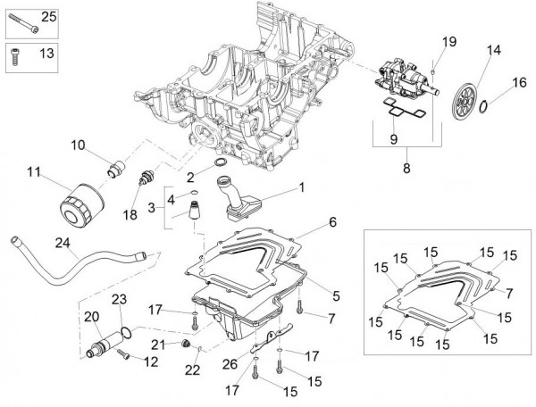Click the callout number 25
pyautogui.click(x=47, y=17)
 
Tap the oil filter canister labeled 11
pyautogui.click(x=79, y=203)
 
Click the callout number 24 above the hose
pyautogui.click(x=62, y=242)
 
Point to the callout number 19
pyautogui.click(x=448, y=42)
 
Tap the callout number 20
pyautogui.click(x=91, y=316)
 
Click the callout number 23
pyautogui.click(x=119, y=300)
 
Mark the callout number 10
pyautogui.click(x=78, y=145)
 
